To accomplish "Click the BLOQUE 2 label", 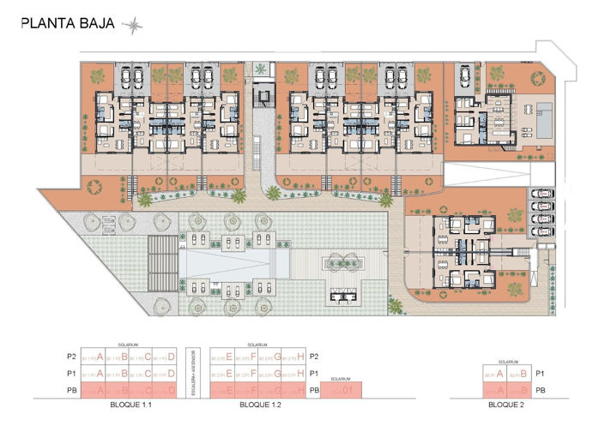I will point(505,404).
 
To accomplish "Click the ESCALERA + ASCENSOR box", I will point(195,374).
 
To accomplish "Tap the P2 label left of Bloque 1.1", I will point(83,357).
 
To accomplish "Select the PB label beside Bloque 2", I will point(540,390).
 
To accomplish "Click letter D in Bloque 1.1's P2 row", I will point(172,357).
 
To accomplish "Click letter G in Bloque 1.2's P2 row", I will point(278,357).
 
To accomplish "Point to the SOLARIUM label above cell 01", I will point(341,378).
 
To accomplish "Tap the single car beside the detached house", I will point(464,78).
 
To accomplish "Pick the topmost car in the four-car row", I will point(541,195).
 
